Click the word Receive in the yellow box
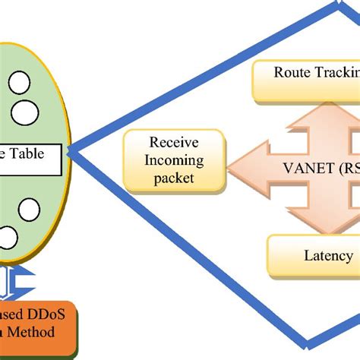coord(175,143)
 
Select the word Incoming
coord(175,160)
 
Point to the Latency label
coord(327,256)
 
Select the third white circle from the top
coord(28,208)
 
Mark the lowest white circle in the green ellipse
coord(8,238)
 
